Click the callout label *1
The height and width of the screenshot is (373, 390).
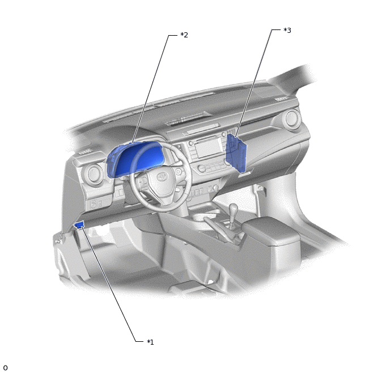150,342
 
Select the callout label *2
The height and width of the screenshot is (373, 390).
184,35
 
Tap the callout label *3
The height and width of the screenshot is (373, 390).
287,31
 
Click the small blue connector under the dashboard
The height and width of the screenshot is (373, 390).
79,225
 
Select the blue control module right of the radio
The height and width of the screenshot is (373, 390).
236,154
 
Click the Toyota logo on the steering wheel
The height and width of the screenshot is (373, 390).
162,177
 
